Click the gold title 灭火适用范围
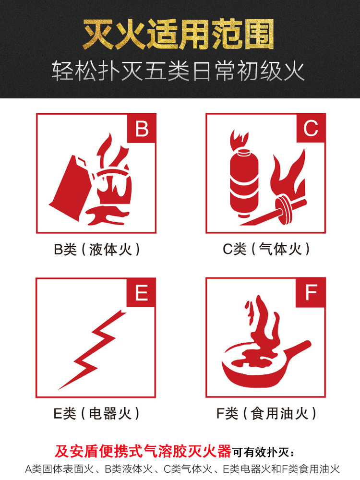(x=179, y=34)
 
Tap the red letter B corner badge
(x=142, y=128)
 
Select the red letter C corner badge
(x=311, y=128)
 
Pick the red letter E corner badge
(x=141, y=292)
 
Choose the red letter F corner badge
(x=311, y=292)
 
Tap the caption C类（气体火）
(x=266, y=249)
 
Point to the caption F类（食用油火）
(x=266, y=414)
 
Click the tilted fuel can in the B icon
(x=71, y=189)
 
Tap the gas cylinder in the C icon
(x=244, y=182)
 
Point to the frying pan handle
(x=295, y=350)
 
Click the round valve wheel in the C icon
(x=283, y=211)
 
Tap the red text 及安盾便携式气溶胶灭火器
(x=143, y=451)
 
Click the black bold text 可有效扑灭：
(x=264, y=452)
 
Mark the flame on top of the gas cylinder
(x=239, y=140)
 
